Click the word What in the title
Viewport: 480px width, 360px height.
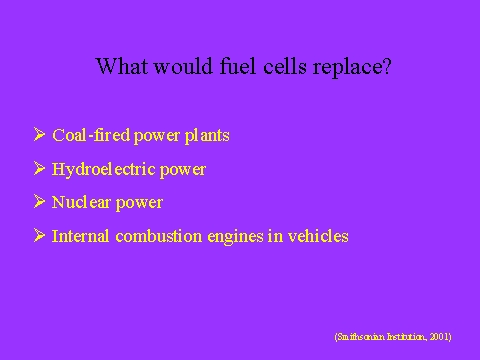[121, 66]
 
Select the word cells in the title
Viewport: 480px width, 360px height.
[284, 66]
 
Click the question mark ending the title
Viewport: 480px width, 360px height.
[387, 66]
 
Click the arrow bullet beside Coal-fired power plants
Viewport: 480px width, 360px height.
[39, 134]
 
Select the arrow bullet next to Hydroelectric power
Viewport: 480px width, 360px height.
[39, 168]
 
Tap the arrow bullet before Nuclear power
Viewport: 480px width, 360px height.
[39, 201]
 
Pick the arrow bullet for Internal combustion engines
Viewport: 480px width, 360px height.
[39, 235]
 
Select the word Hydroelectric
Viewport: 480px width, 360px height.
[104, 170]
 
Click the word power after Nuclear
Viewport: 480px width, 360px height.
[139, 204]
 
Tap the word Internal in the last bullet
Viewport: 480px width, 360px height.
[80, 236]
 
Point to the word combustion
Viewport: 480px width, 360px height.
[159, 236]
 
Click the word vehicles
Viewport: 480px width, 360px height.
[318, 236]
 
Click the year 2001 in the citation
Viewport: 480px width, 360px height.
[439, 337]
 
